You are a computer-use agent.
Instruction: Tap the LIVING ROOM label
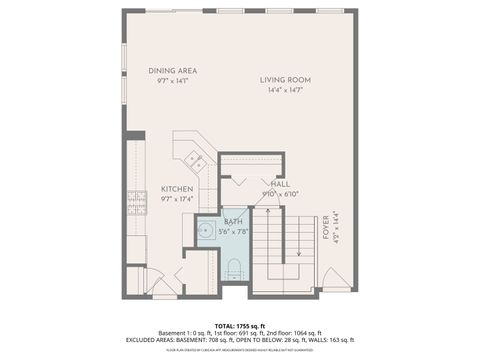(x=285, y=80)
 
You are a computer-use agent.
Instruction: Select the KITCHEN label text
(x=176, y=189)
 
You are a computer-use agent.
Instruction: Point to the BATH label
(x=233, y=221)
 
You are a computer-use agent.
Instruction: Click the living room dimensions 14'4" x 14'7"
(x=285, y=91)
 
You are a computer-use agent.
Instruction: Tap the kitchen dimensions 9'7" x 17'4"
(x=176, y=199)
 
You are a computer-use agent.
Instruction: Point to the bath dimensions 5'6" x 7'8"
(x=233, y=231)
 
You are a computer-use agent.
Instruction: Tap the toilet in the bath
(x=234, y=266)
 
